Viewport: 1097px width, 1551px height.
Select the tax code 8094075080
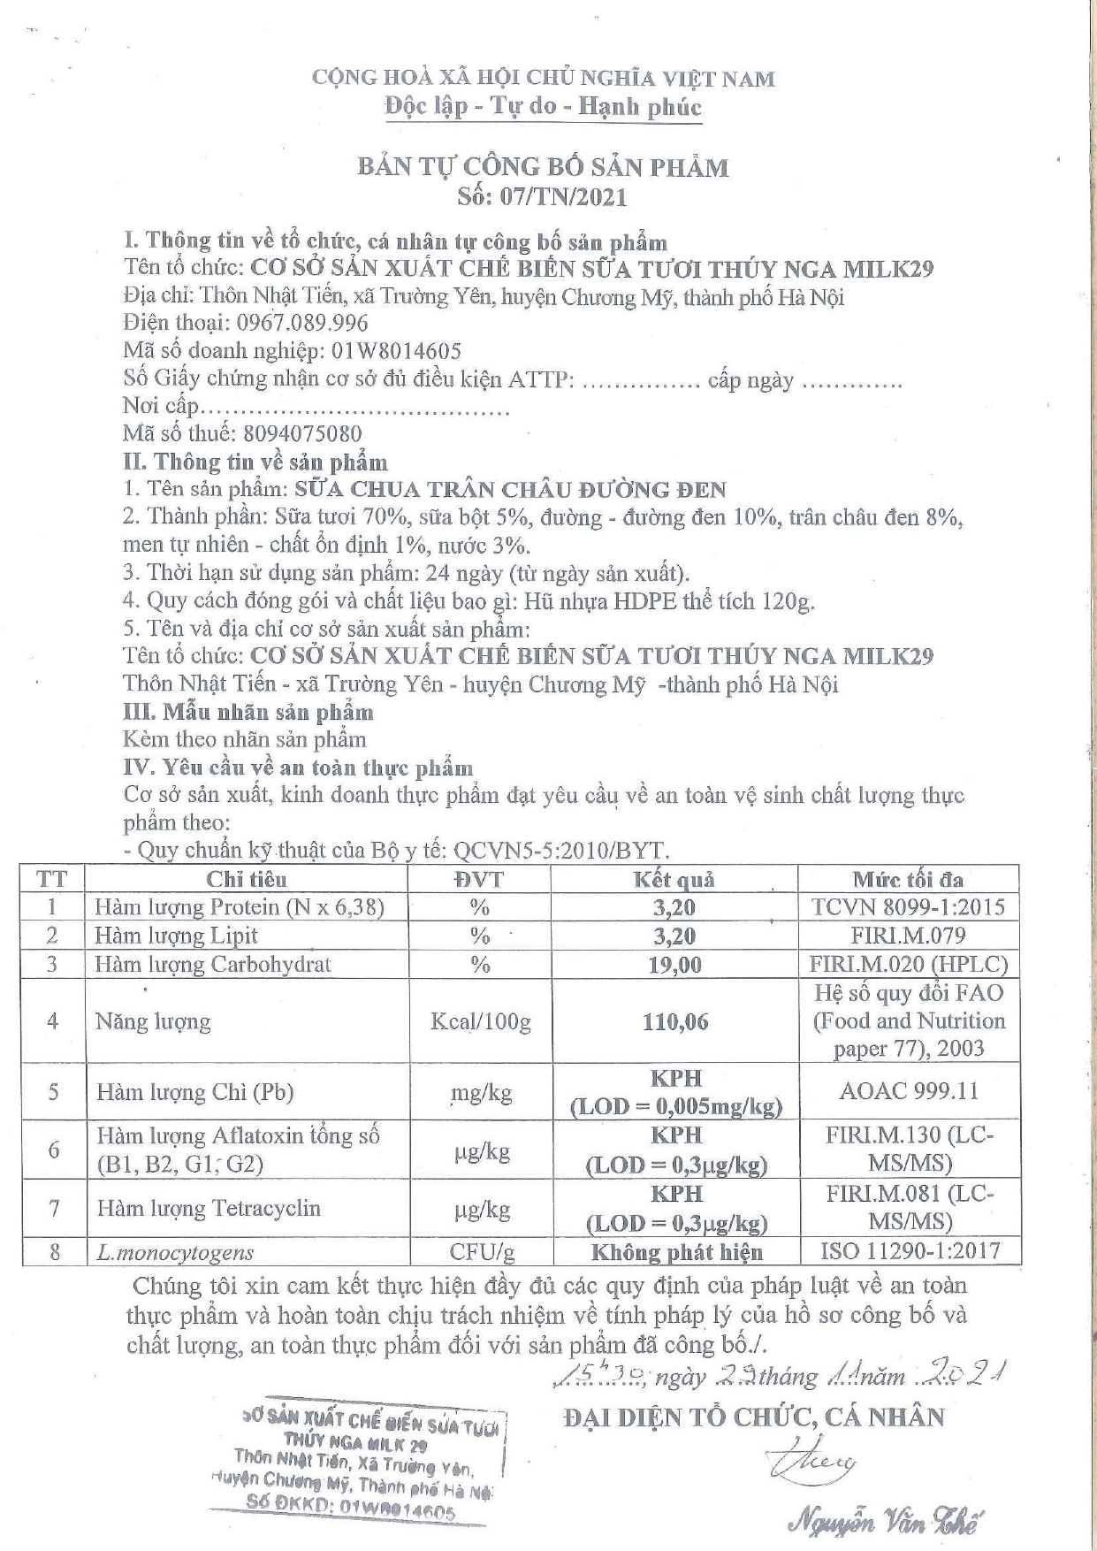[301, 433]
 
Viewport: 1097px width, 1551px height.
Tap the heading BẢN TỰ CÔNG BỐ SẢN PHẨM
[543, 167]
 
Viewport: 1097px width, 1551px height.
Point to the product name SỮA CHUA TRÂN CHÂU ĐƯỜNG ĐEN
[510, 489]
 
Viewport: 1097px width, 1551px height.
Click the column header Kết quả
[674, 879]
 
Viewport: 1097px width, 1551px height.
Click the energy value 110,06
[675, 1021]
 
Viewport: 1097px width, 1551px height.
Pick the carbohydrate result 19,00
[675, 965]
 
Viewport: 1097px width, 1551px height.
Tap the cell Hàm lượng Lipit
[177, 936]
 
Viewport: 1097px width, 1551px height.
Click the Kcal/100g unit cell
[480, 1021]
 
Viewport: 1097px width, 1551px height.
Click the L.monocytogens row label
[174, 1252]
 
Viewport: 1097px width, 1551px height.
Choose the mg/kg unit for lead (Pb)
[480, 1093]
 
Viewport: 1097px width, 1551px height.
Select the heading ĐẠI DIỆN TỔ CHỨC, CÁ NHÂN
[754, 1417]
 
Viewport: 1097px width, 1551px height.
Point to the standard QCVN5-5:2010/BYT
[560, 851]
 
